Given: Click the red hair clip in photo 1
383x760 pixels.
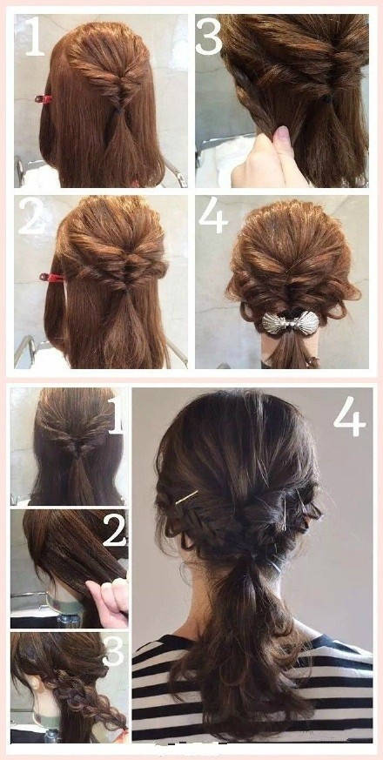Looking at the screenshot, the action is coord(44,99).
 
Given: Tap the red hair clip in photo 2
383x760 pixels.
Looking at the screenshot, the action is coord(50,277).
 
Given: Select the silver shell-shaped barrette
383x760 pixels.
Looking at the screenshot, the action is coord(291,323).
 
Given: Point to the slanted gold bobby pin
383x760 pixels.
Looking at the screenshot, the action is coord(186,497).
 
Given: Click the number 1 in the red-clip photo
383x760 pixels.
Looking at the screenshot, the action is coord(34,37).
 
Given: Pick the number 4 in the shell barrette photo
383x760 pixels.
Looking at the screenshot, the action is coord(213,216).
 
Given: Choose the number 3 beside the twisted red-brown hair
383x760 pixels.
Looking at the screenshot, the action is coord(209,37).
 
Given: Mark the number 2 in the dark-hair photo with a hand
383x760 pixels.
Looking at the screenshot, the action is coord(115,529).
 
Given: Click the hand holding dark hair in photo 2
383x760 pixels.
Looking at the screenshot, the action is coord(108,601).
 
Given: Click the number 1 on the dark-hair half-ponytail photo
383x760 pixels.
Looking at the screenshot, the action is coord(117,415).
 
